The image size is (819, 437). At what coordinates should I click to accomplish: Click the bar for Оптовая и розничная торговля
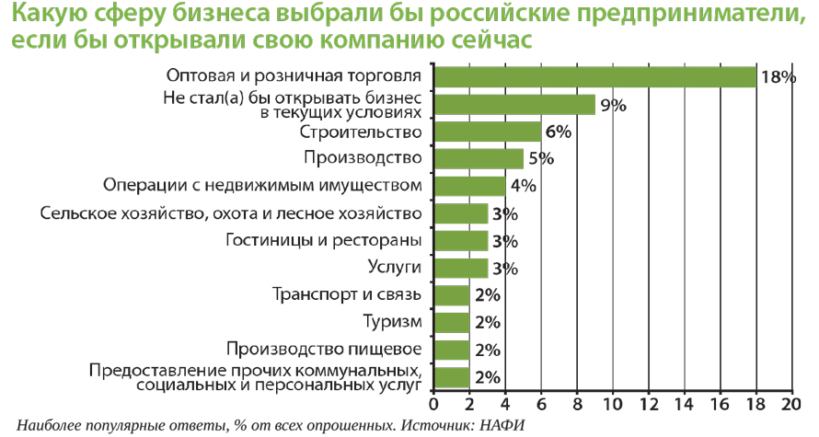594,76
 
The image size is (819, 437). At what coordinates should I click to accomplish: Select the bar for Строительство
486,132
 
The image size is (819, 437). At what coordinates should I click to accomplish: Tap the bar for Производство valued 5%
478,158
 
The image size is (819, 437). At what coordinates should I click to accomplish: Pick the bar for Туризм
451,322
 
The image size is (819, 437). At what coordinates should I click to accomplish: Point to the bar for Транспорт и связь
451,295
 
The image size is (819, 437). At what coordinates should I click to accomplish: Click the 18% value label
778,77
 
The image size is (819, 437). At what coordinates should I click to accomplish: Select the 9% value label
613,105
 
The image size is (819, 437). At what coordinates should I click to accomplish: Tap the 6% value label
558,132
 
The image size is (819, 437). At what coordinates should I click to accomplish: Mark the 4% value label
523,186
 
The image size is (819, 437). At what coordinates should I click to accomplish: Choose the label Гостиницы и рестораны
324,240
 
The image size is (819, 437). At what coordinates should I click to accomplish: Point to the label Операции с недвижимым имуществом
263,186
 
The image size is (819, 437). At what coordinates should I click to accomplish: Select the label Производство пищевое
324,350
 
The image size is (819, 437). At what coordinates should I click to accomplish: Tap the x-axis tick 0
433,403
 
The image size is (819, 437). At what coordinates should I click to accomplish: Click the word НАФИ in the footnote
505,425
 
